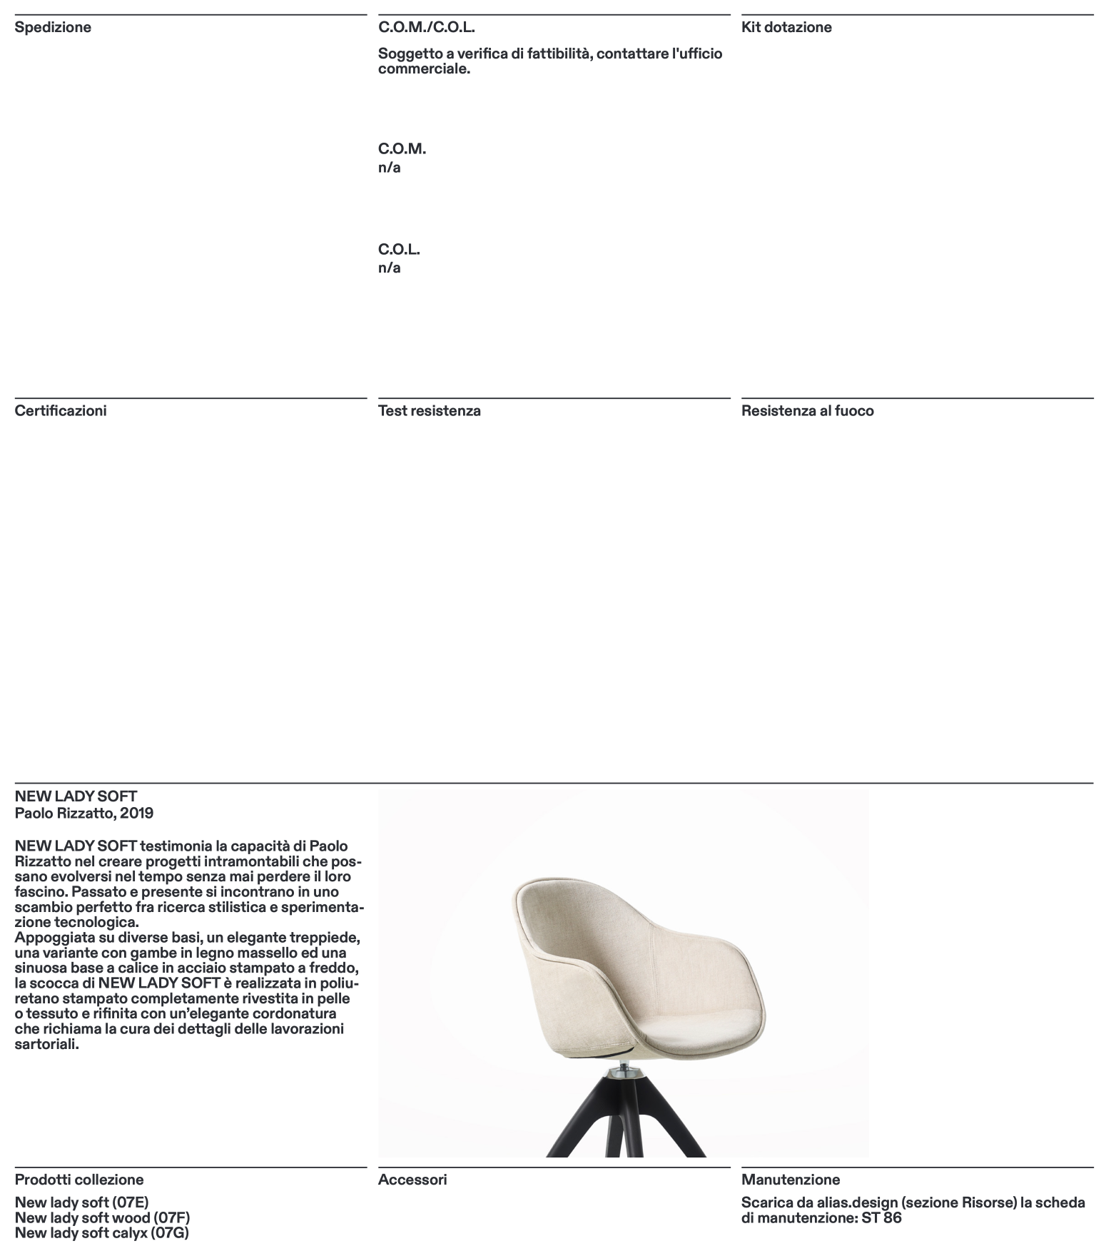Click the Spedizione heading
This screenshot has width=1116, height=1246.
pos(53,28)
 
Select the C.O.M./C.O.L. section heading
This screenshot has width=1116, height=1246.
pos(426,28)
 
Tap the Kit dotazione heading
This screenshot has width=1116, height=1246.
pos(786,28)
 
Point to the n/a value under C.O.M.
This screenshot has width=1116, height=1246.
pos(389,168)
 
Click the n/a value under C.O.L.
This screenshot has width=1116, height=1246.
pos(389,268)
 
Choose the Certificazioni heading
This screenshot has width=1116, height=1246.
pos(61,411)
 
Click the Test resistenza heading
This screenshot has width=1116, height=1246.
pos(429,411)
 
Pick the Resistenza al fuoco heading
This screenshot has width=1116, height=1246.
pos(807,411)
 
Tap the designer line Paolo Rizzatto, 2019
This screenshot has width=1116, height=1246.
pos(84,813)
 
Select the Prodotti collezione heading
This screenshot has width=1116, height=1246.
pos(79,1180)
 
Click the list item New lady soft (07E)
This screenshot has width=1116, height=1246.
pos(82,1202)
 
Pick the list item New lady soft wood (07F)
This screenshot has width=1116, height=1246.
pos(102,1217)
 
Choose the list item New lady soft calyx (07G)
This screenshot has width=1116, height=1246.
pos(101,1232)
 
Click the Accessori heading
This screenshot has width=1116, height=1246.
pos(412,1180)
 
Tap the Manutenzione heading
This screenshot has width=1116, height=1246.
pos(791,1180)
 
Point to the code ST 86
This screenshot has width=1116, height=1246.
pos(881,1217)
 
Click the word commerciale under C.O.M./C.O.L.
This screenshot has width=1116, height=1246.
pos(423,69)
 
